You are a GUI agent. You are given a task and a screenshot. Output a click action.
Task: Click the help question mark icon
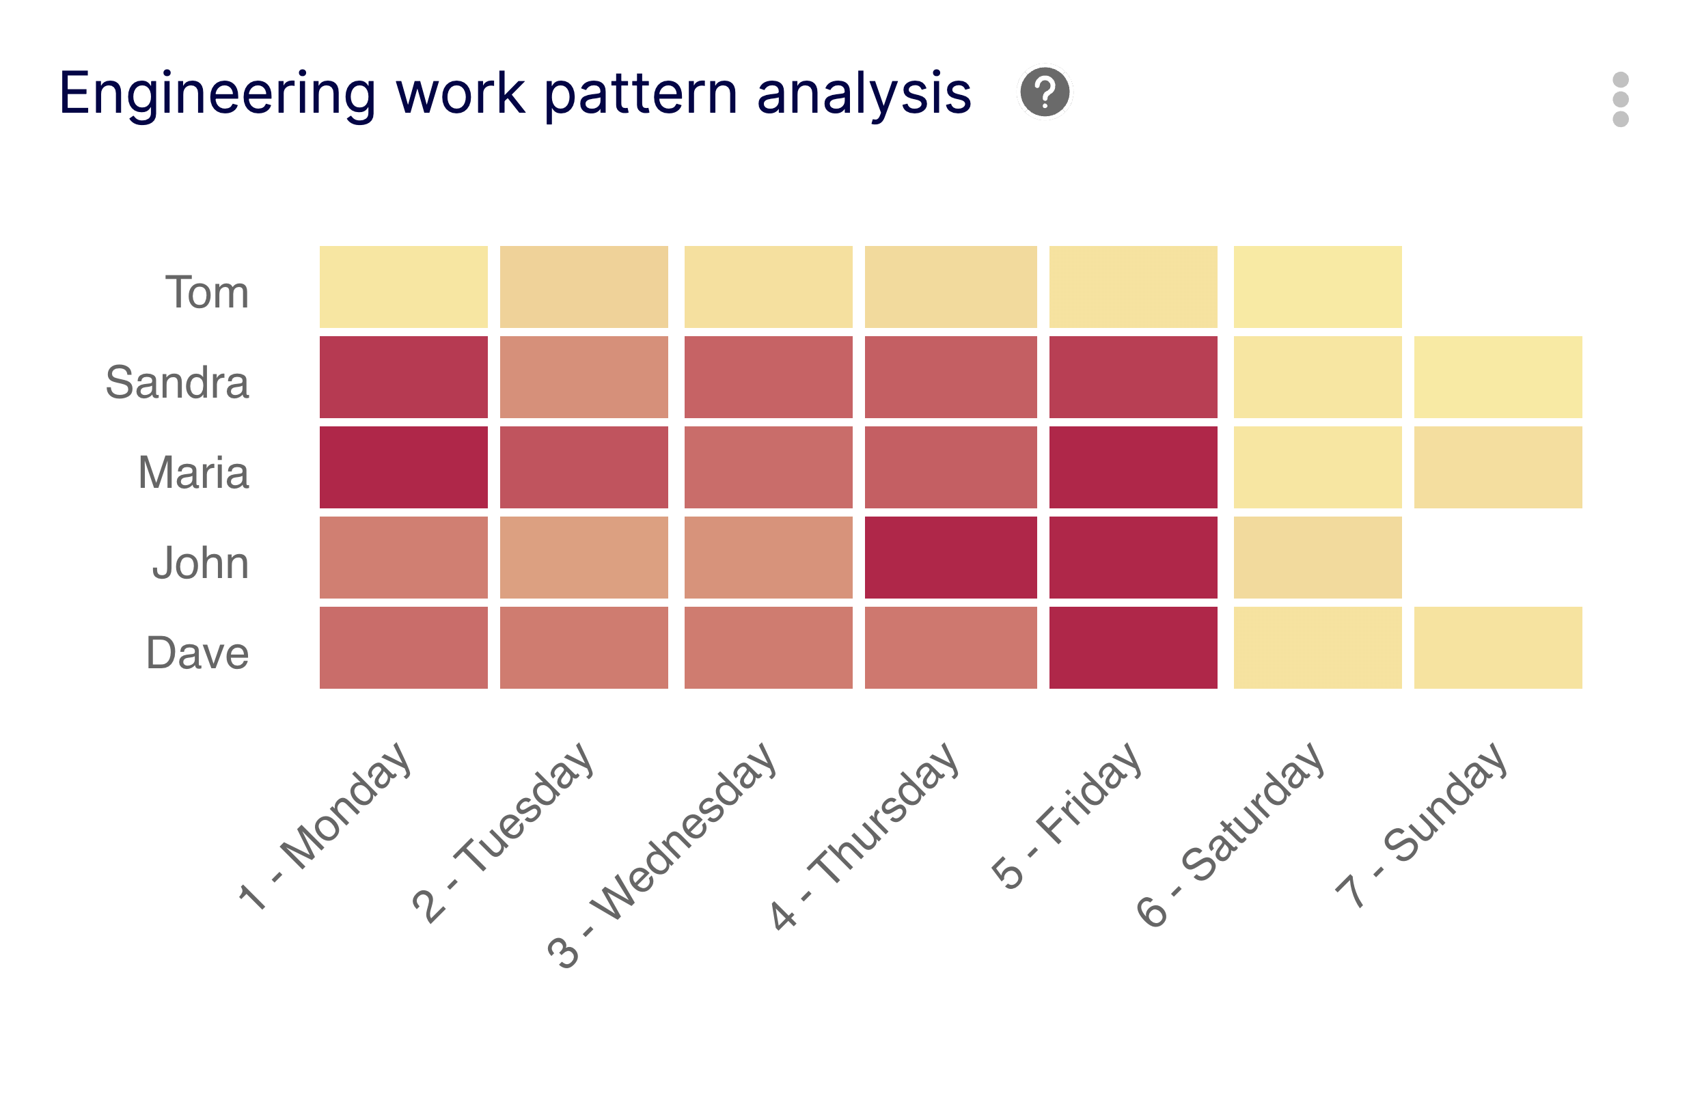coord(1044,92)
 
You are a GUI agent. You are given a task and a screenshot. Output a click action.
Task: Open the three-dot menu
coord(1620,99)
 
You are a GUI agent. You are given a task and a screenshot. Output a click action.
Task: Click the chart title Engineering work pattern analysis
coord(514,93)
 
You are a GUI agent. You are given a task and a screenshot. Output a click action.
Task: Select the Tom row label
coord(207,292)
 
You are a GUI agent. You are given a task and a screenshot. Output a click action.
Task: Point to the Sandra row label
coord(178,383)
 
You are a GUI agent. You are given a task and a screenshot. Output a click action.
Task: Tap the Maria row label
coord(194,473)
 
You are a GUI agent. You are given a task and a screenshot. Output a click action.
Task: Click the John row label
coord(201,563)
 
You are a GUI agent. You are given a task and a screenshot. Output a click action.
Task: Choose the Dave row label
coord(197,653)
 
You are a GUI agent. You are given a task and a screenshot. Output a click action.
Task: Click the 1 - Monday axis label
coord(327,827)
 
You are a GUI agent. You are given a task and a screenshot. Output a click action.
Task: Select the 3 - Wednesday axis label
coord(663,855)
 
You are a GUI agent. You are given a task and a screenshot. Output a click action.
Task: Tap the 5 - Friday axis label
coord(1068,817)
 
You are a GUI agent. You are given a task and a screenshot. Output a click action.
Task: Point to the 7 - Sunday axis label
coord(1423,827)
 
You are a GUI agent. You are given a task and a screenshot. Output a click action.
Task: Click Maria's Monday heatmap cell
coord(403,467)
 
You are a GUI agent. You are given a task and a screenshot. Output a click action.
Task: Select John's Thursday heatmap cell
coord(950,558)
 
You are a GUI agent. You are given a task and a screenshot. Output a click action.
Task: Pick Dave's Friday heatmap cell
coord(1133,648)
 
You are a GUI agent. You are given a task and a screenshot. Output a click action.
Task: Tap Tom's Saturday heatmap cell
coord(1317,287)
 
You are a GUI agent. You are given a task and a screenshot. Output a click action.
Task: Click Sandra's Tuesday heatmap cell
coord(583,377)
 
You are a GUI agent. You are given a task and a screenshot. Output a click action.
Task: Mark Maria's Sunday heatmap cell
coord(1498,467)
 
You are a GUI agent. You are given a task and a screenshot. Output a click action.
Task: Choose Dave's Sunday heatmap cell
coord(1498,648)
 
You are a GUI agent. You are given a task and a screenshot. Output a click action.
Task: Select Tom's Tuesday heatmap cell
coord(583,287)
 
